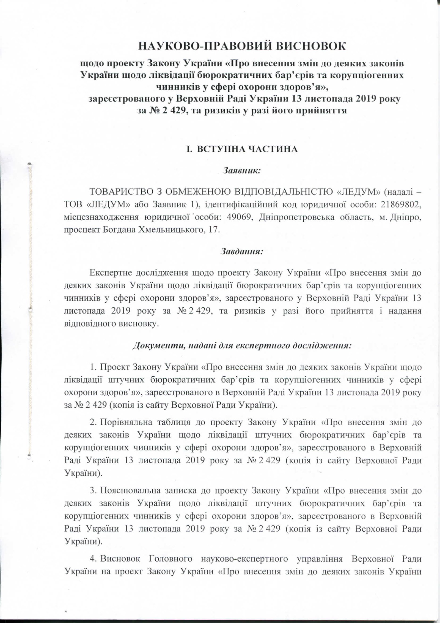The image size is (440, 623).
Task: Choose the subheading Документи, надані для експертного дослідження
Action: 242,346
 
